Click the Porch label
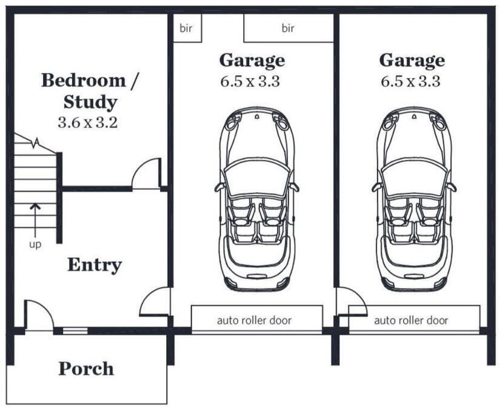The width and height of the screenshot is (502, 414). click(86, 369)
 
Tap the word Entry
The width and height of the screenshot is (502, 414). click(95, 265)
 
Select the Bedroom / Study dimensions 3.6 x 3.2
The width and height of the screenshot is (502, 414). click(88, 122)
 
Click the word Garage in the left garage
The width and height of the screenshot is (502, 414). click(252, 61)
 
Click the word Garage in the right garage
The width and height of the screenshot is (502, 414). click(412, 61)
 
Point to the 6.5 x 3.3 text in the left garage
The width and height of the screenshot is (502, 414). click(250, 81)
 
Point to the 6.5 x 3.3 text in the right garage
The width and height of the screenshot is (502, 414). click(410, 81)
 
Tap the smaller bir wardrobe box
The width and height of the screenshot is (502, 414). click(187, 28)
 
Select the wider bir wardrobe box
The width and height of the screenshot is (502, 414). click(289, 28)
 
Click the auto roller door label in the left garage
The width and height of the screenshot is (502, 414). click(255, 320)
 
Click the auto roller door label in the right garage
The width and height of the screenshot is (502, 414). click(412, 320)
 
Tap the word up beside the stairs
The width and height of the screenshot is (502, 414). click(35, 245)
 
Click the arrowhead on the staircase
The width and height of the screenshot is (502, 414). click(35, 207)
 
